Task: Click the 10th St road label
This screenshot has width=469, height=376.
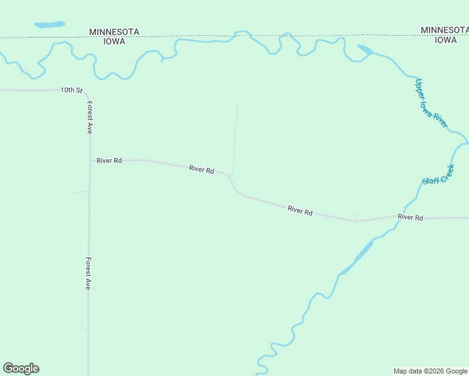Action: pyautogui.click(x=71, y=90)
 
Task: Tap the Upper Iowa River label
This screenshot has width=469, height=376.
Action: pyautogui.click(x=431, y=103)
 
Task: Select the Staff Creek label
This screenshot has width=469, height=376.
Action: pyautogui.click(x=438, y=175)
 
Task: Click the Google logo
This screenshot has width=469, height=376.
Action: pyautogui.click(x=21, y=368)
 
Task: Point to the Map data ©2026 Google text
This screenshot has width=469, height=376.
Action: pyautogui.click(x=430, y=371)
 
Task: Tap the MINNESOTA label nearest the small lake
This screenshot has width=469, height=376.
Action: pyautogui.click(x=114, y=31)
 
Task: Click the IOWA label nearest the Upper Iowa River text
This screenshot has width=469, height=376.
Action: pyautogui.click(x=446, y=39)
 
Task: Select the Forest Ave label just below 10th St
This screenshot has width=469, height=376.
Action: pyautogui.click(x=90, y=118)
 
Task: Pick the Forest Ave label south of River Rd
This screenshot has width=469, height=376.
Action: pyautogui.click(x=89, y=273)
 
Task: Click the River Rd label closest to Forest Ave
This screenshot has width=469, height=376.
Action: pyautogui.click(x=108, y=160)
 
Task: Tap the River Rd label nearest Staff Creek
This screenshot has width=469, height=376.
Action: pyautogui.click(x=410, y=217)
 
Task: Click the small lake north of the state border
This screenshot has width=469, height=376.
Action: pyautogui.click(x=50, y=25)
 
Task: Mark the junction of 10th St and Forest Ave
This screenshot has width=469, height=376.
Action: pyautogui.click(x=87, y=91)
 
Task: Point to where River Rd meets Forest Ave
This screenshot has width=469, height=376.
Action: pyautogui.click(x=90, y=160)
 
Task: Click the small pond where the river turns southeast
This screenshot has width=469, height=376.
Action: pyautogui.click(x=365, y=49)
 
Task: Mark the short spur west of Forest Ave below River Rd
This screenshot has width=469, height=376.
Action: pyautogui.click(x=80, y=192)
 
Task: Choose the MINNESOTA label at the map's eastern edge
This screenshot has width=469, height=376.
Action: pyautogui.click(x=445, y=29)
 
